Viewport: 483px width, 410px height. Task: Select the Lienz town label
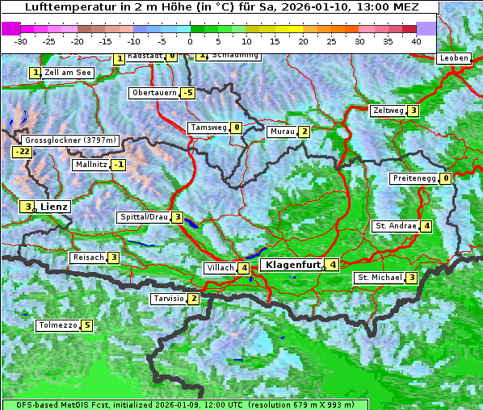coord(54,207)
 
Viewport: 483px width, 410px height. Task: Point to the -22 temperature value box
coord(22,152)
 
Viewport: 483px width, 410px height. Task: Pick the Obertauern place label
coord(154,93)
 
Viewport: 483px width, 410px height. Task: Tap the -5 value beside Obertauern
coord(188,93)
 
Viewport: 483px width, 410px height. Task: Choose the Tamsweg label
coord(208,128)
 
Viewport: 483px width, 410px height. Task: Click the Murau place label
coord(282,132)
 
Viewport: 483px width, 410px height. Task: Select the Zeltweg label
coord(388,111)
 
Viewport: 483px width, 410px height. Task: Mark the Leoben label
coord(455,58)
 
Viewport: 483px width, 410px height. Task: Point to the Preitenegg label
coord(414,178)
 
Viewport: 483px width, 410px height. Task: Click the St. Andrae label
coord(395,226)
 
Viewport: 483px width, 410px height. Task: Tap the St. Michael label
coord(380,278)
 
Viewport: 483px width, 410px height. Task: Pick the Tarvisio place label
coord(168,299)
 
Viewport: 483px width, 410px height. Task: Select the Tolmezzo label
coord(57,326)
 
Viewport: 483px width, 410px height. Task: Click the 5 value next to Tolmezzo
coord(86,326)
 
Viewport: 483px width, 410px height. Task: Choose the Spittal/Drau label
coord(144,217)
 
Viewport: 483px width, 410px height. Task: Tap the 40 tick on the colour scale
coord(416,40)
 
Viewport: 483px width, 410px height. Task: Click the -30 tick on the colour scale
coord(21,40)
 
